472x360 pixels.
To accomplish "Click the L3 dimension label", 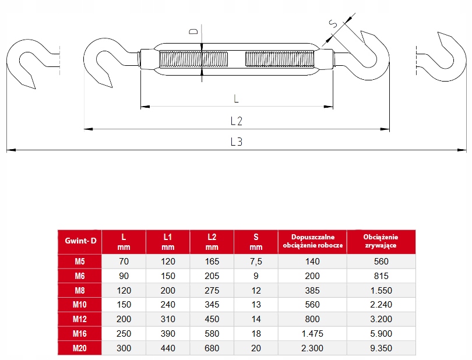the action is point(237,142).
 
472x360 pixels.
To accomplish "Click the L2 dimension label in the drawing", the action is point(237,121).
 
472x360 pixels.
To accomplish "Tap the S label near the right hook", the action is point(333,23).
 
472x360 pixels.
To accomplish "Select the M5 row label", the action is point(80,262).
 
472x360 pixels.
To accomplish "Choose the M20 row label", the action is point(80,348).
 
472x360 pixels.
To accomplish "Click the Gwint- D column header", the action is point(80,241).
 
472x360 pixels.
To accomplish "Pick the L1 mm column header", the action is point(168,242).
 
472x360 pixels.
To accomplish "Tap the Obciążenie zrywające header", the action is point(381,241).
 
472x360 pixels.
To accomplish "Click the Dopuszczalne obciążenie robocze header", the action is point(313,241).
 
